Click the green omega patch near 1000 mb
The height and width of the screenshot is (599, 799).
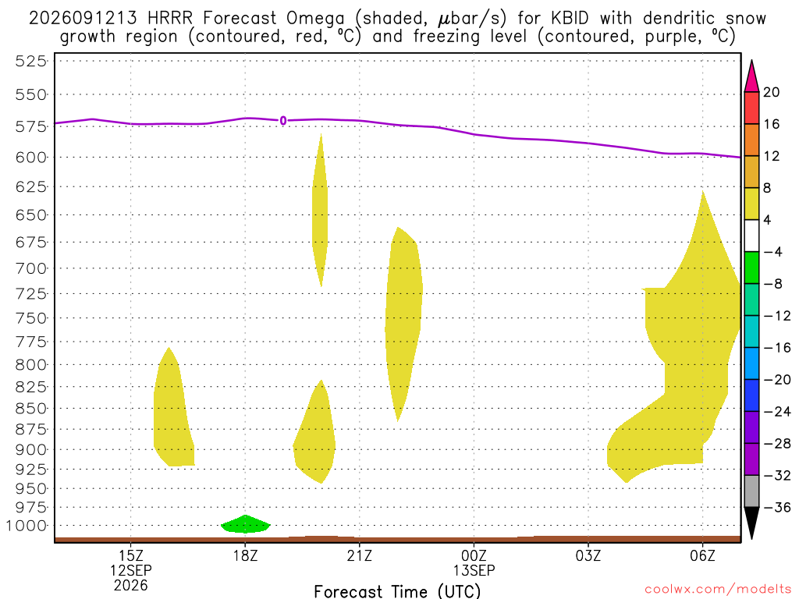pos(246,524)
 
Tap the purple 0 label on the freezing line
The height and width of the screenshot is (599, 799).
pos(282,121)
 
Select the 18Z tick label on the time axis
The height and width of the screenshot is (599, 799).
pos(246,555)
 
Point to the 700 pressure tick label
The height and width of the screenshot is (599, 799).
pos(31,268)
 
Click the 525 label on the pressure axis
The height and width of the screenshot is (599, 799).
pos(31,62)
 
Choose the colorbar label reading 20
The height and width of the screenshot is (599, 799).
pos(772,92)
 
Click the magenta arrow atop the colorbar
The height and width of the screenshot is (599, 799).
pos(751,76)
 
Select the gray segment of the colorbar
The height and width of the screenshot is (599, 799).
pos(751,491)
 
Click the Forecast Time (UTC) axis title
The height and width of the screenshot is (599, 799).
pos(397,591)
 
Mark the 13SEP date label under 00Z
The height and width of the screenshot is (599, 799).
pos(474,570)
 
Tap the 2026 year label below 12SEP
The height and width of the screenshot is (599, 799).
pos(131,586)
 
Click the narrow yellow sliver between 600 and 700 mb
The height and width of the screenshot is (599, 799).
pos(320,210)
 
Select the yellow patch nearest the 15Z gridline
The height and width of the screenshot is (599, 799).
pos(173,407)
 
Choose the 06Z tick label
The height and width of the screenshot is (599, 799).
pos(703,555)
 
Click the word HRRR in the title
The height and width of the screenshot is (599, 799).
pos(169,19)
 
